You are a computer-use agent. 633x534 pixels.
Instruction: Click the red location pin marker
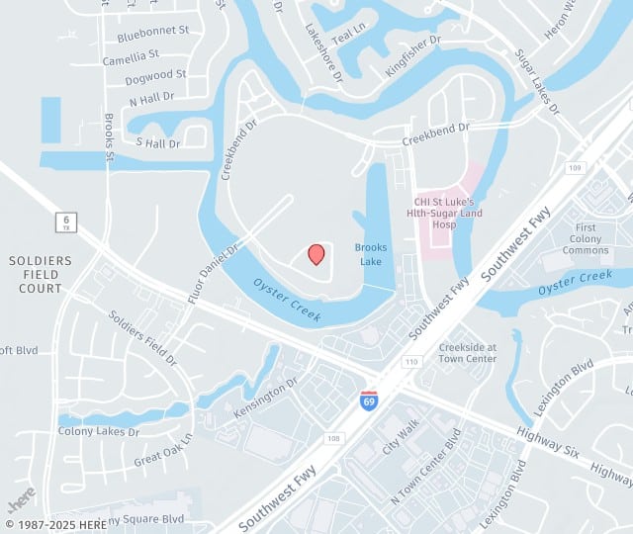[316, 254]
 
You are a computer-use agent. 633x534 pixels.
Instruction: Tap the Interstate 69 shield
[368, 400]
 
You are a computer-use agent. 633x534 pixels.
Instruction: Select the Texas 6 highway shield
[65, 222]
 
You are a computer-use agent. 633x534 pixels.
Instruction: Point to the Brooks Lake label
[371, 254]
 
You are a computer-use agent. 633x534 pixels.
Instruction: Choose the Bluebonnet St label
[152, 32]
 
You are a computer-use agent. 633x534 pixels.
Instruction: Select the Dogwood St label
[157, 75]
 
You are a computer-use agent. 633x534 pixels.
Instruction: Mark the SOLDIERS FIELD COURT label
[41, 274]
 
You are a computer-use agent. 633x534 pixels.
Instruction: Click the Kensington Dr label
[265, 395]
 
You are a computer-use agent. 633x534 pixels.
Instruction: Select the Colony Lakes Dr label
[99, 432]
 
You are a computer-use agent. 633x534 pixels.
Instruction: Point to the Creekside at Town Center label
[468, 353]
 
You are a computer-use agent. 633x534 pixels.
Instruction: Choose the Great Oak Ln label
[163, 449]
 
